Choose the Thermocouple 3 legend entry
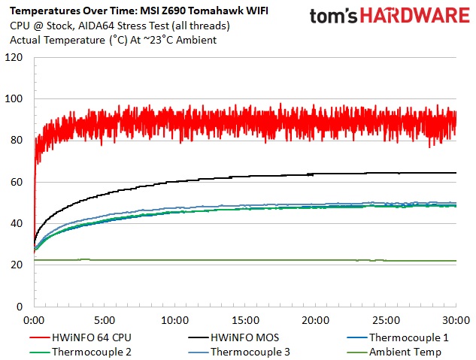coord(249,351)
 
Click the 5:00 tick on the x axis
coord(105,318)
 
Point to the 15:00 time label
coord(245,318)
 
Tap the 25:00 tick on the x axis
coord(386,318)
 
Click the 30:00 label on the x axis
coord(456,318)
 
